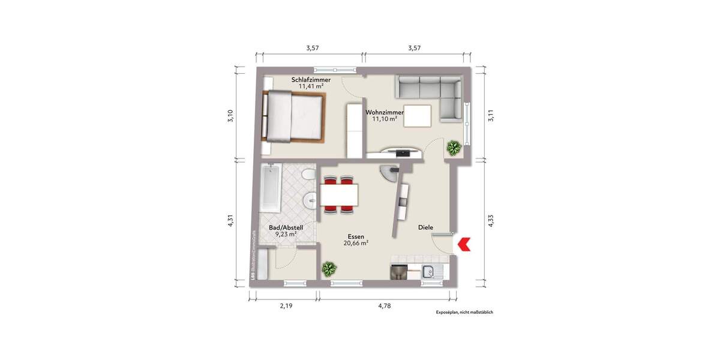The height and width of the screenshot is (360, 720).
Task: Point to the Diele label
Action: pyautogui.click(x=426, y=227)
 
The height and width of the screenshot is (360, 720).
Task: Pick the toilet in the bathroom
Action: pyautogui.click(x=308, y=175)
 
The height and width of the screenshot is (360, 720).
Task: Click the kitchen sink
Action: pyautogui.click(x=430, y=272)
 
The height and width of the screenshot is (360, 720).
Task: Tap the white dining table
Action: pyautogui.click(x=339, y=194)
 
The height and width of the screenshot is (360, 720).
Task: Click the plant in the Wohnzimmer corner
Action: pyautogui.click(x=454, y=146)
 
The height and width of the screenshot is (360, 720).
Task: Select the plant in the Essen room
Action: pyautogui.click(x=329, y=269)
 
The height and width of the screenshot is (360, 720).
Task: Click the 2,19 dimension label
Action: pyautogui.click(x=286, y=306)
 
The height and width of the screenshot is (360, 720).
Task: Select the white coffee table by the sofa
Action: pyautogui.click(x=418, y=116)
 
